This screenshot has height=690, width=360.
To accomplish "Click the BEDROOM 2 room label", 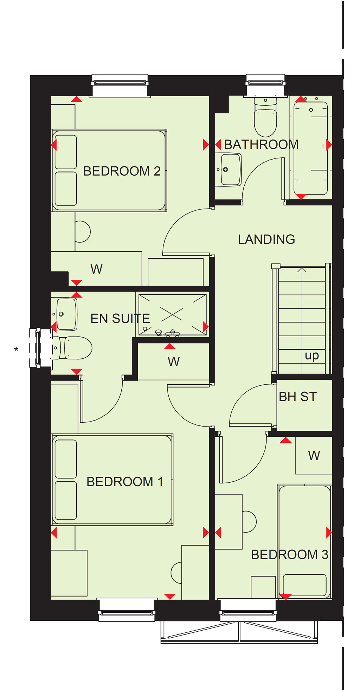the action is point(122,171).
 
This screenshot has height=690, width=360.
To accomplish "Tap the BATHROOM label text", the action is point(261,144).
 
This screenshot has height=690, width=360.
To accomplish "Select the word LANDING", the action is point(266,239).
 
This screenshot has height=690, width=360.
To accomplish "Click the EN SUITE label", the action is point(120,319).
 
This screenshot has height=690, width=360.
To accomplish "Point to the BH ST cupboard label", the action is point(298,397).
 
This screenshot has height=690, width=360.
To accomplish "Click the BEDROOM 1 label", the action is point(125,482).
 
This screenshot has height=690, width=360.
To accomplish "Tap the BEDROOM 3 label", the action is point(290,555).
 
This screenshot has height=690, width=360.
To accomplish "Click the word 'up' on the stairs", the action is point(312,356).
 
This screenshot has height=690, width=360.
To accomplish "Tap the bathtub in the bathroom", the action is point(311,148).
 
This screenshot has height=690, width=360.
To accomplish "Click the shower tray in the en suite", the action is point(172,314).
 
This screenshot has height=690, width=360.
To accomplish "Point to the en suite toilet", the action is point(72,348).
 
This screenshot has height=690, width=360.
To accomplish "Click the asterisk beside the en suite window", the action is point(16,350).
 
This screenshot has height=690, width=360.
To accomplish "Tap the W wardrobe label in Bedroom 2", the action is point(96,269).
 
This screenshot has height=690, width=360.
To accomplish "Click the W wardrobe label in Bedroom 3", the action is point(314,456).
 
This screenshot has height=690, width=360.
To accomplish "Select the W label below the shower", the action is point(174,362).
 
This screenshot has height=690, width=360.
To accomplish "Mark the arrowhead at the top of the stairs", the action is point(302,270).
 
